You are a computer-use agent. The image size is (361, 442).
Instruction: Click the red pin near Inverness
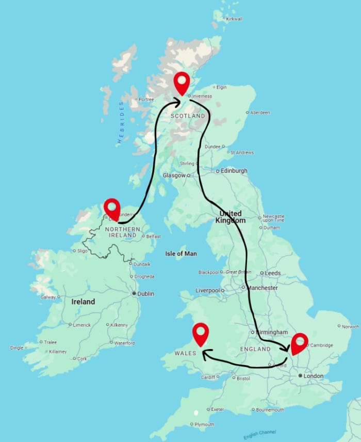pos(182,83)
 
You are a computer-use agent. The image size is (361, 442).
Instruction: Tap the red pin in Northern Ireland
pos(112,208)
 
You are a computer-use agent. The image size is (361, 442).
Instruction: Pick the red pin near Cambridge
pos(299,343)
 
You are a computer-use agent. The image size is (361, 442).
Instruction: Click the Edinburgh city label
pos(234,170)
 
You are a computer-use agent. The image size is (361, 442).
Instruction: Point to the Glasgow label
pos(174,175)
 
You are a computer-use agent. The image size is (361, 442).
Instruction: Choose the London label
pos(313,376)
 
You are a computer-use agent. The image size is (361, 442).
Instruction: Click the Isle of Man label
pos(180,254)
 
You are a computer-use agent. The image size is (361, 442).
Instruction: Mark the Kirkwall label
pos(234,19)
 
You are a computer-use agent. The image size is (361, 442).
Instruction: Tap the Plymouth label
pos(205,424)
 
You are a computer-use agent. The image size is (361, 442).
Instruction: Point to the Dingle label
pos(17,348)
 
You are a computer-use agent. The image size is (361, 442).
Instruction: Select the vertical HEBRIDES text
pos(122,122)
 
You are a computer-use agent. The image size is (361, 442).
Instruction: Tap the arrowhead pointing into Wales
pos(205,354)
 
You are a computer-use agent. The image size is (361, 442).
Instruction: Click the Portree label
pos(147,99)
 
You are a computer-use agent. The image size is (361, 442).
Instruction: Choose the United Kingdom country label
pos(230,216)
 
